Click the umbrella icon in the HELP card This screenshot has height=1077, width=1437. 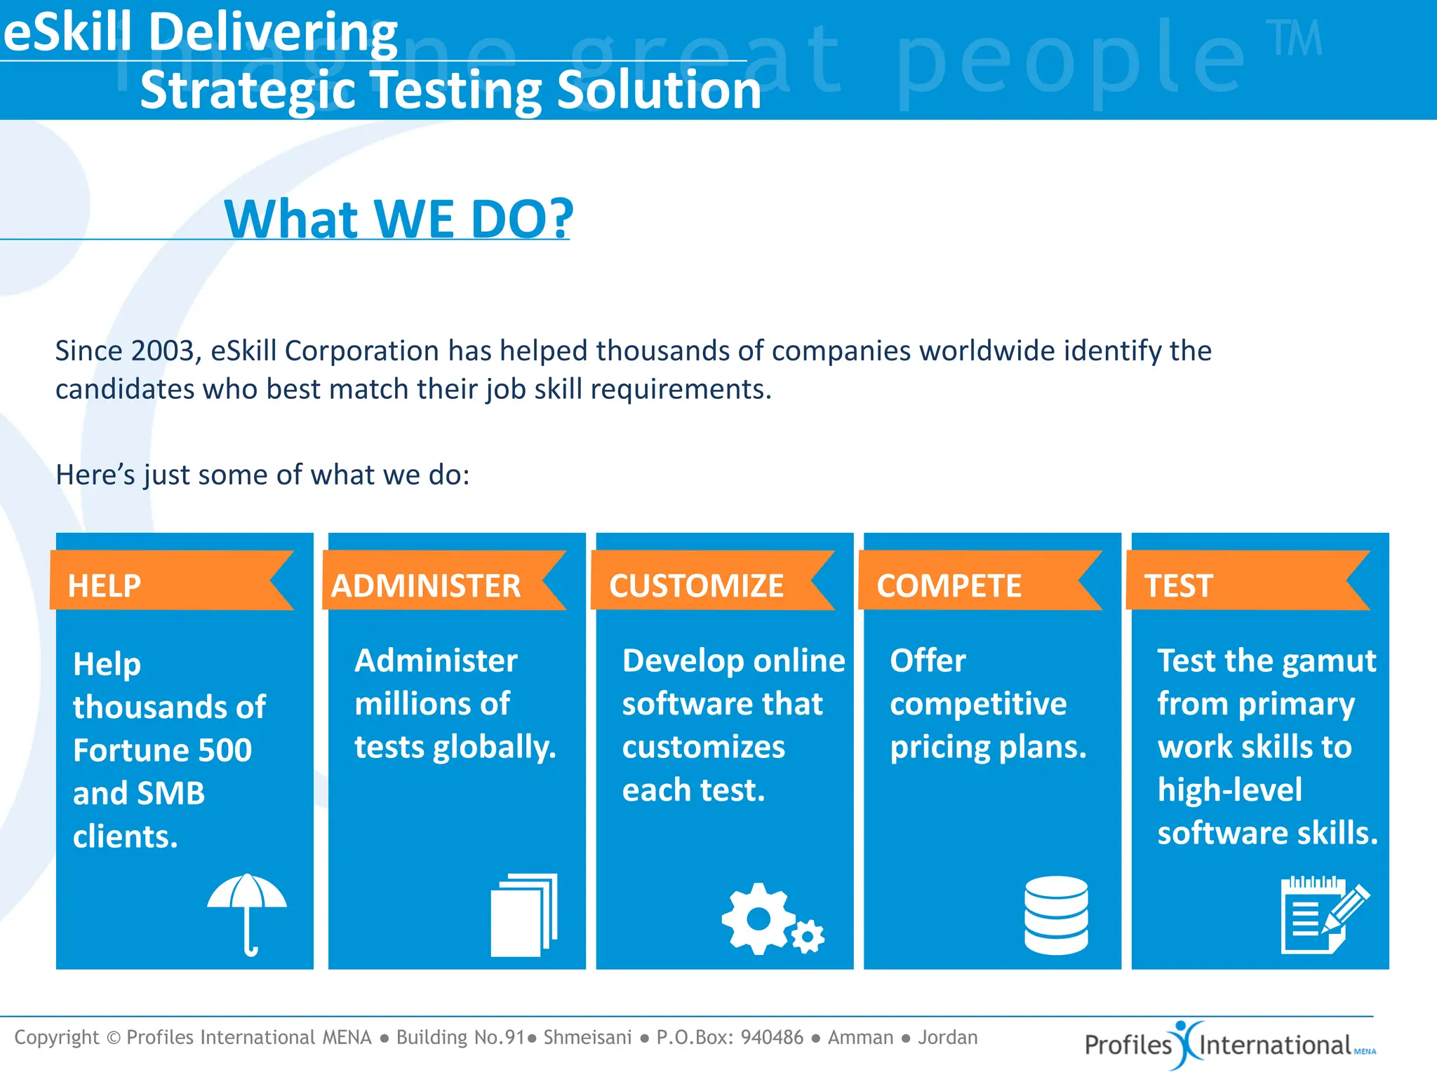coord(247,912)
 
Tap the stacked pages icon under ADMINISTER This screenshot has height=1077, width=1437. coord(523,915)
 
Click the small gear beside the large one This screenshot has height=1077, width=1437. coord(808,937)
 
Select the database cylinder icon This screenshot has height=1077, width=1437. coord(1056,915)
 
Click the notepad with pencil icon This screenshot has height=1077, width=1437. coord(1323,915)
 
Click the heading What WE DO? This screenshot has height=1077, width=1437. coord(399,219)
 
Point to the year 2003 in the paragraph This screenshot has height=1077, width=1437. coord(163,351)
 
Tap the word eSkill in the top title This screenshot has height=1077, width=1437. coord(67,33)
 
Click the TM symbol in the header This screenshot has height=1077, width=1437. coord(1295,38)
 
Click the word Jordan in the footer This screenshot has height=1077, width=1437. coord(947,1037)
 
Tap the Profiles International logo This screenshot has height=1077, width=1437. coord(1228,1045)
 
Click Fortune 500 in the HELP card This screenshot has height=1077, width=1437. coord(162,750)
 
